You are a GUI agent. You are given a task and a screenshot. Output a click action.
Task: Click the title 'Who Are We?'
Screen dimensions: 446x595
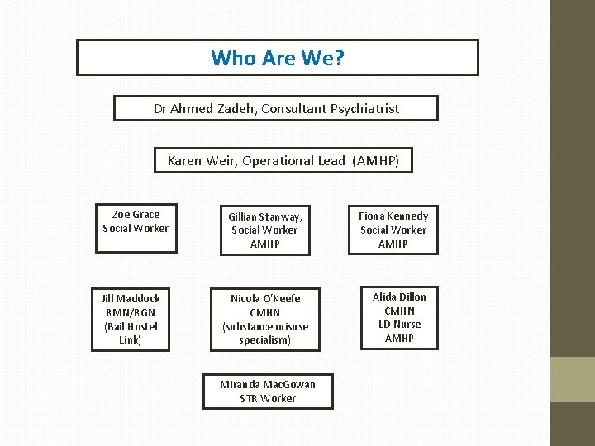pyautogui.click(x=277, y=58)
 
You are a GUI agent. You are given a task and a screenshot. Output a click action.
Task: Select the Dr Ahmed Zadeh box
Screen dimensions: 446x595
pyautogui.click(x=276, y=108)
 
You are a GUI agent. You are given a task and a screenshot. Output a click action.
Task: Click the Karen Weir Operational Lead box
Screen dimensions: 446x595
pyautogui.click(x=283, y=160)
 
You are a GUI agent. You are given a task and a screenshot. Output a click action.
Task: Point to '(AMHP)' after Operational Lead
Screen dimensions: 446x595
pyautogui.click(x=375, y=160)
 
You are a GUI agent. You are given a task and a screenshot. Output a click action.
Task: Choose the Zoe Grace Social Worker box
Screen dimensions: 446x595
pyautogui.click(x=136, y=221)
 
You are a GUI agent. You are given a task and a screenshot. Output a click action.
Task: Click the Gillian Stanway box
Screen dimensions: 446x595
pyautogui.click(x=265, y=230)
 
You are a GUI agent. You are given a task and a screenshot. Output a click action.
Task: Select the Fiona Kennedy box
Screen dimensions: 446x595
pyautogui.click(x=393, y=230)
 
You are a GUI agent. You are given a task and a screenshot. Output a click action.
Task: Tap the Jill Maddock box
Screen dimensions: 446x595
pyautogui.click(x=131, y=319)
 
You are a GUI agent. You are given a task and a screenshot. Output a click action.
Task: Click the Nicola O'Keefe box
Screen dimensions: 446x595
pyautogui.click(x=265, y=319)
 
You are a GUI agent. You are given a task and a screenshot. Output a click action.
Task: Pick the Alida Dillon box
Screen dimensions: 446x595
pyautogui.click(x=399, y=317)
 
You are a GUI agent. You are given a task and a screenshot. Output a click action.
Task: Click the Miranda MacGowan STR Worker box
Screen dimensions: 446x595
pyautogui.click(x=268, y=391)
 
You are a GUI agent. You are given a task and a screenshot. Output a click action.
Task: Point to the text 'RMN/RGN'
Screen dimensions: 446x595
pyautogui.click(x=131, y=312)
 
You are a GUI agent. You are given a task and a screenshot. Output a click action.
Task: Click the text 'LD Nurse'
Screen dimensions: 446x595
pyautogui.click(x=399, y=325)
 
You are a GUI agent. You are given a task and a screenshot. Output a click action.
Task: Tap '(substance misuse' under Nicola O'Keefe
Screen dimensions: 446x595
pyautogui.click(x=265, y=326)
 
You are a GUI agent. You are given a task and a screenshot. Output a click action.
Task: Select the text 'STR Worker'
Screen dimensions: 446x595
pyautogui.click(x=268, y=398)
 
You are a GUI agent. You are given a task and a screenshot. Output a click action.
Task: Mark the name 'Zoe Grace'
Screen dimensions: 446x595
pyautogui.click(x=136, y=214)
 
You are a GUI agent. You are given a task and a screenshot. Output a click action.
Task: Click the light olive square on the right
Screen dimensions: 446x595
pyautogui.click(x=573, y=379)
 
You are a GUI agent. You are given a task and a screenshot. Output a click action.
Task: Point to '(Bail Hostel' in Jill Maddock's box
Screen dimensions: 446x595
pyautogui.click(x=131, y=326)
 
